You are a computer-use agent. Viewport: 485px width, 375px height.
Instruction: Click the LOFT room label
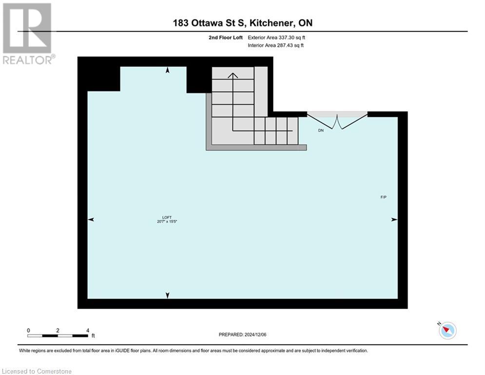(168, 217)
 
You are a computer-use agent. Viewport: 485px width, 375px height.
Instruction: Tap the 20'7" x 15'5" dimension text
(168, 222)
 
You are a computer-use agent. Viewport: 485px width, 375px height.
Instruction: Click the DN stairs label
(321, 130)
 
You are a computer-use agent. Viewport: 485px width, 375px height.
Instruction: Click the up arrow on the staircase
(233, 76)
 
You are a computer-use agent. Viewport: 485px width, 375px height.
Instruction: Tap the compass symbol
(447, 331)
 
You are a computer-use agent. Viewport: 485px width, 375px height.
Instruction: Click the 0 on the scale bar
(29, 330)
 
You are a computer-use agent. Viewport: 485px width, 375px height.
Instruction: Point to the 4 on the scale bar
(87, 330)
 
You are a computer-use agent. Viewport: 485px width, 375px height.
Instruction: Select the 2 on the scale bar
(58, 330)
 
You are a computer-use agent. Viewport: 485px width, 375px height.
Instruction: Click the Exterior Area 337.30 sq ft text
(276, 37)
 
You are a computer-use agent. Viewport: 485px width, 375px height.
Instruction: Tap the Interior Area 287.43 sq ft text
(276, 45)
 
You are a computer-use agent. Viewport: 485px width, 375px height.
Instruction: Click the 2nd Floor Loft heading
(226, 37)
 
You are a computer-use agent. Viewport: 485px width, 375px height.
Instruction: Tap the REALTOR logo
(28, 33)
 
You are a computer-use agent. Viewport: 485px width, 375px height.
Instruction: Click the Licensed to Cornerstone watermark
(37, 371)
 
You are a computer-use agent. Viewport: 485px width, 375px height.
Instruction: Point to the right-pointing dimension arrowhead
(394, 220)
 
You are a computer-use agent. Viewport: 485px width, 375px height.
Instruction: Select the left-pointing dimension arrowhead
(91, 220)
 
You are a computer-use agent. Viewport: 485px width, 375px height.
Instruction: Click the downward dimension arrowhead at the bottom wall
(168, 295)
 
